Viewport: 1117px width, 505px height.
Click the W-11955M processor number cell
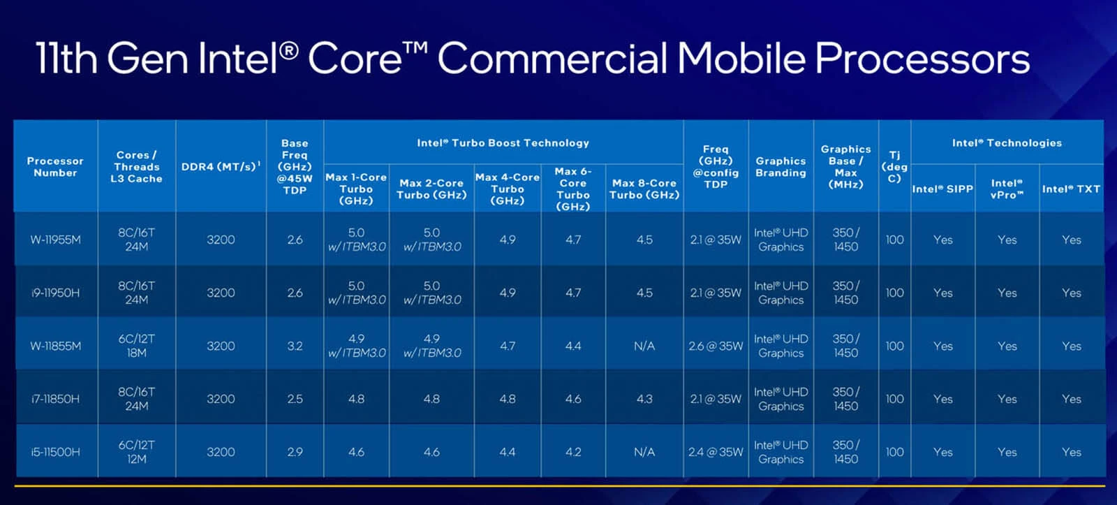point(55,240)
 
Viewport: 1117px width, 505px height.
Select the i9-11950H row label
point(55,293)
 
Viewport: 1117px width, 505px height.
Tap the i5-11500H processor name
point(55,452)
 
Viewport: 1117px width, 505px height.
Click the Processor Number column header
point(55,167)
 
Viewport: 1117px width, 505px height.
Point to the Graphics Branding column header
point(781,167)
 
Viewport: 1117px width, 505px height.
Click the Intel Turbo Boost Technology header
point(503,142)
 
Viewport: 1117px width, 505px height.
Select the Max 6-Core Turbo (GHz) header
point(573,189)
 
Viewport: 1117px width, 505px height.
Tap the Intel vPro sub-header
point(1007,189)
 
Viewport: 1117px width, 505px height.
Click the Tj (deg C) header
point(894,167)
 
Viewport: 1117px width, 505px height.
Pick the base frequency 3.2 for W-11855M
point(295,346)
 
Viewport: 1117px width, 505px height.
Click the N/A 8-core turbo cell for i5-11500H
point(644,452)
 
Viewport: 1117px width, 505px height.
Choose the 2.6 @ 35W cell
point(716,346)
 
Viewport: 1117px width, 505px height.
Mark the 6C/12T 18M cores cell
point(137,346)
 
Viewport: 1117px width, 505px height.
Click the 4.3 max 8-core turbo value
point(644,399)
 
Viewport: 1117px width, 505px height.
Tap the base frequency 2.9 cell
point(295,452)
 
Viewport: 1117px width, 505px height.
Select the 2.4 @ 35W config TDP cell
point(716,452)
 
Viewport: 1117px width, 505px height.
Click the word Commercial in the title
point(552,59)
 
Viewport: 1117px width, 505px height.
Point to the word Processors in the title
point(922,59)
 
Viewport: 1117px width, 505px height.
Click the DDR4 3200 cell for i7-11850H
point(221,399)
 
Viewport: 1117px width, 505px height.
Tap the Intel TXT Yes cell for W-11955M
point(1072,240)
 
